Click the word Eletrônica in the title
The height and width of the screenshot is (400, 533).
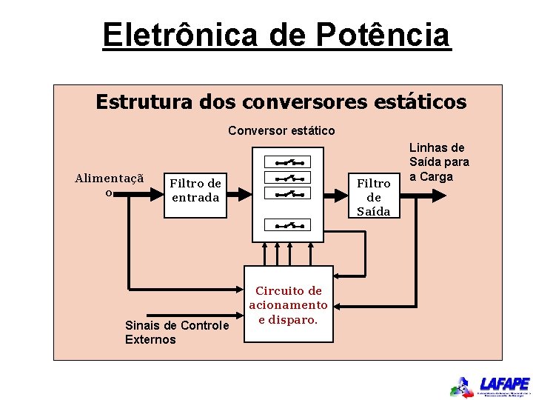point(180,36)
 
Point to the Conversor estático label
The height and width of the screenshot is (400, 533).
point(281,131)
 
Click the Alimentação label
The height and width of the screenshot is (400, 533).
point(109,184)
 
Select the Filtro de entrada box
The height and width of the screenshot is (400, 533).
point(195,190)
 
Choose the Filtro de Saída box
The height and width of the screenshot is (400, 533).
point(374,196)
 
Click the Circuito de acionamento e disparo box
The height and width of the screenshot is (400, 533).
point(288,305)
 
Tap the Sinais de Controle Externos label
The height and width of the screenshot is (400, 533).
point(177,333)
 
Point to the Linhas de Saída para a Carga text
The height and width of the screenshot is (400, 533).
point(439,162)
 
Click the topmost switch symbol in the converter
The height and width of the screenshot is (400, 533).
point(289,161)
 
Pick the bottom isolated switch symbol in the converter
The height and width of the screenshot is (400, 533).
point(289,225)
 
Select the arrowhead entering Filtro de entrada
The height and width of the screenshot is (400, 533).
point(158,195)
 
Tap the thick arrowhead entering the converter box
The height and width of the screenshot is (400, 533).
point(244,195)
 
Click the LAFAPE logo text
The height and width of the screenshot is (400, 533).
point(504,384)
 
